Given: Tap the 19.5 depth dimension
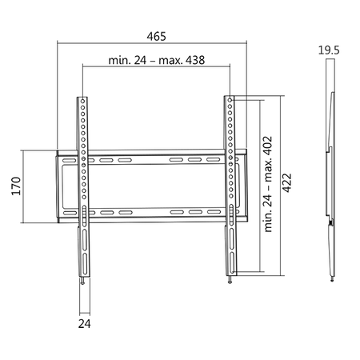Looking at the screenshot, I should tap(328, 50).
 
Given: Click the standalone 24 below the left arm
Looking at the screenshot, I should tap(85, 325).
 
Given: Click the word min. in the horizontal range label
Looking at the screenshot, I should tap(119, 61).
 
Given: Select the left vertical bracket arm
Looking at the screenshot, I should tap(83, 184).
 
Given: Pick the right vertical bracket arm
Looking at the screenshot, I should tap(230, 184).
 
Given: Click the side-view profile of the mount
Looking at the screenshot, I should tap(329, 176).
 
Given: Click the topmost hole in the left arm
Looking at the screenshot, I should tap(83, 102).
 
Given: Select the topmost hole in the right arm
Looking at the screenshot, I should tap(230, 102).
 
